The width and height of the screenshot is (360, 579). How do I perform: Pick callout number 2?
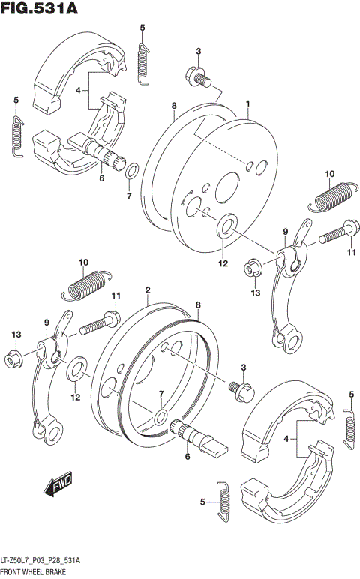click(148, 290)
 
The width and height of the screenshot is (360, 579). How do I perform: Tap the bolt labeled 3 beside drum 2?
click(244, 387)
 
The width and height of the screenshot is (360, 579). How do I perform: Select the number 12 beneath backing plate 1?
click(222, 262)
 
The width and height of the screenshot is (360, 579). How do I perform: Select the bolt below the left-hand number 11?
click(96, 324)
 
